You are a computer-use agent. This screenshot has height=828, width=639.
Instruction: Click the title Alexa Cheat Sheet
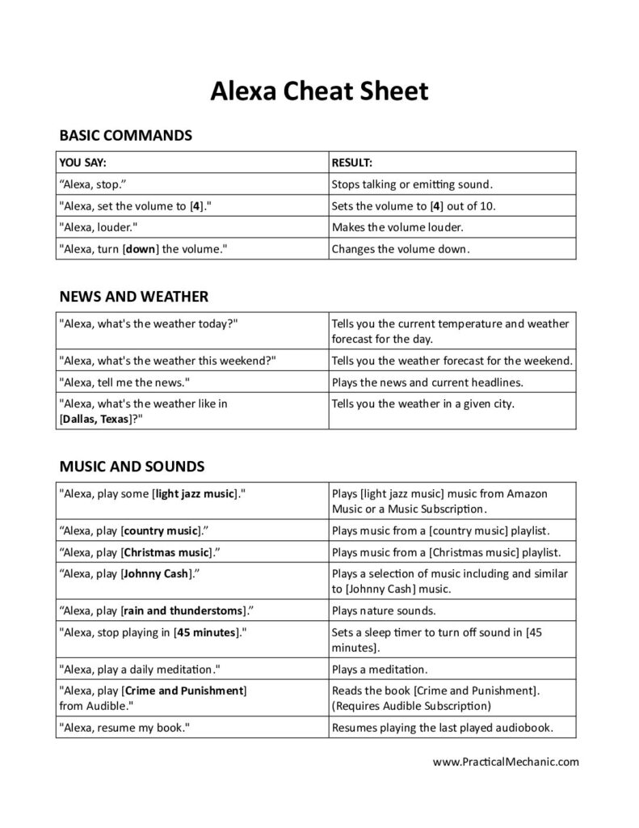click(319, 91)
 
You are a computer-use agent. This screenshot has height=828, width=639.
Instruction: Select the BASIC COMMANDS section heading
click(126, 135)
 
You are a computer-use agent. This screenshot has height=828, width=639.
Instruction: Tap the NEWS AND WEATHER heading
click(134, 297)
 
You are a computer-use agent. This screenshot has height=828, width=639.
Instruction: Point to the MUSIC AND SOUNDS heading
click(132, 466)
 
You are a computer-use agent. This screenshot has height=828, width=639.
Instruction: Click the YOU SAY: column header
click(83, 163)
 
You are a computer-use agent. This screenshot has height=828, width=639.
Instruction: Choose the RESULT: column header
click(352, 163)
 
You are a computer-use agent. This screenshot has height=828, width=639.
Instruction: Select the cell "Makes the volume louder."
click(397, 227)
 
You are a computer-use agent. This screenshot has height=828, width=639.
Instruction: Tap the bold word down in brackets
click(141, 249)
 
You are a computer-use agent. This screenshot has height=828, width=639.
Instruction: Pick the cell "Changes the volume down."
click(399, 249)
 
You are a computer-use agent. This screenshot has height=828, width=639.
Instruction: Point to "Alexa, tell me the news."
click(124, 382)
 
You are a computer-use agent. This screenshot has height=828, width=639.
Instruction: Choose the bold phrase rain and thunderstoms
click(179, 610)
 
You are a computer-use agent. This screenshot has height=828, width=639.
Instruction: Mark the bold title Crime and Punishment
click(184, 691)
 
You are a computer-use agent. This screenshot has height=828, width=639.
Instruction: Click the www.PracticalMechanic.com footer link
click(506, 761)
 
